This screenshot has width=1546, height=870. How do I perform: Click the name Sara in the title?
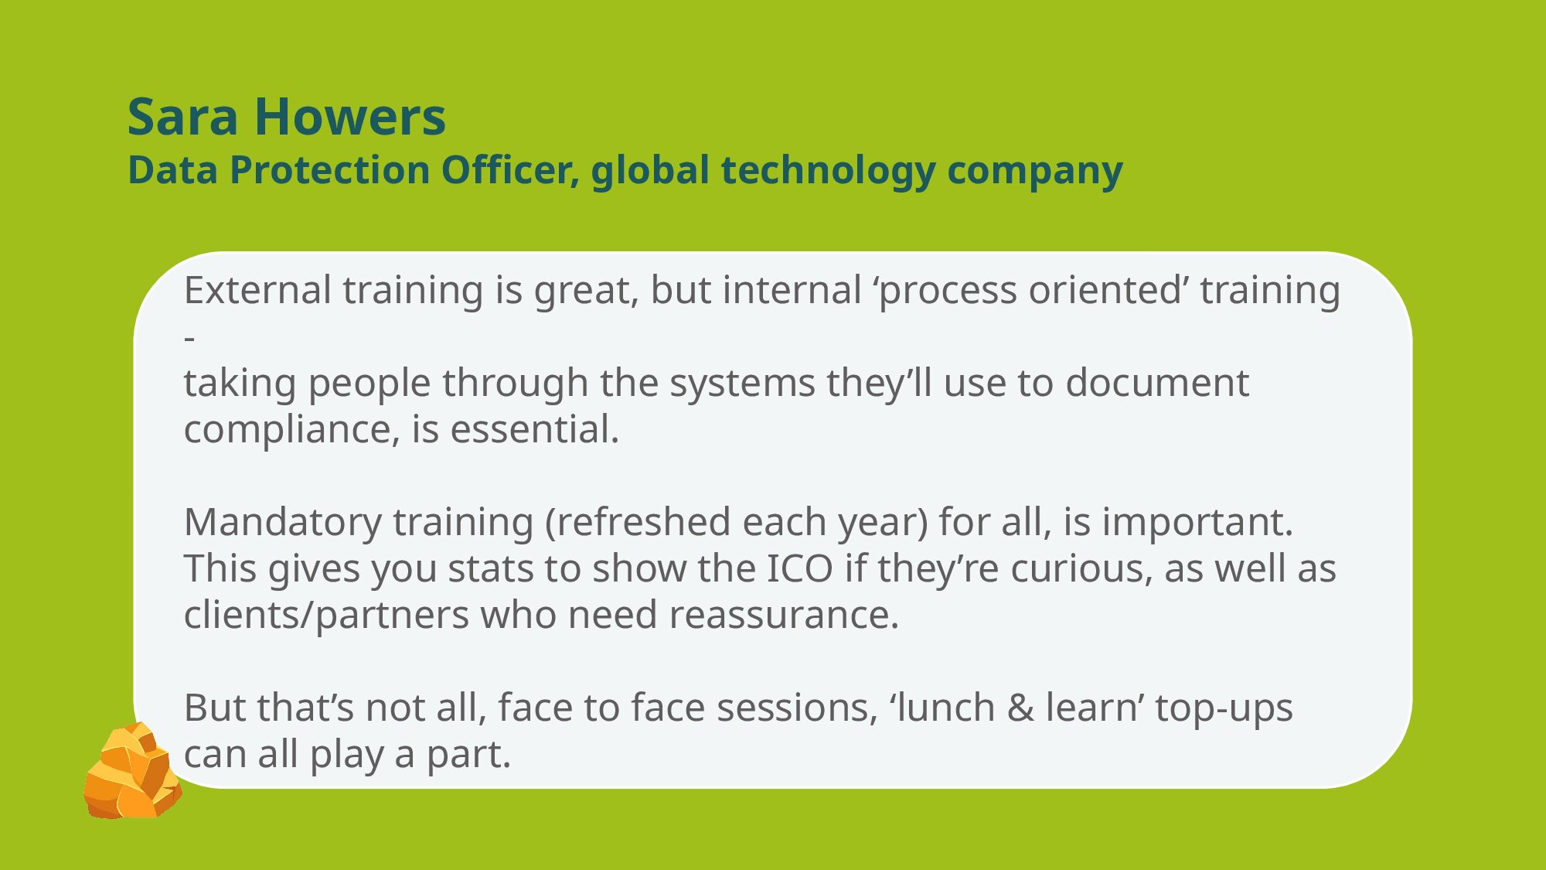point(183,118)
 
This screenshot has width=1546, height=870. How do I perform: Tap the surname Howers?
point(350,118)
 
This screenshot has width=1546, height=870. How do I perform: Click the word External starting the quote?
point(257,291)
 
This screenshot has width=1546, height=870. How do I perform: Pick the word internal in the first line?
point(792,291)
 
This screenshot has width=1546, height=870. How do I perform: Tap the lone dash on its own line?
point(189,338)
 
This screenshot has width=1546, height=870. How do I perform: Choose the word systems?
point(742,384)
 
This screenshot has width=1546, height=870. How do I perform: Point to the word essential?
point(535,430)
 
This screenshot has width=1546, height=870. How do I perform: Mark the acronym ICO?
point(799,569)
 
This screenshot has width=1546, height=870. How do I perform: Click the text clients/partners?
point(326,616)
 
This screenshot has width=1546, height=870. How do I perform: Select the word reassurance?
point(784,616)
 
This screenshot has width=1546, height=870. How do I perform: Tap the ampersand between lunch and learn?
point(1020,708)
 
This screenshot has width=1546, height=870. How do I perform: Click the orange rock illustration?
point(132,771)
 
